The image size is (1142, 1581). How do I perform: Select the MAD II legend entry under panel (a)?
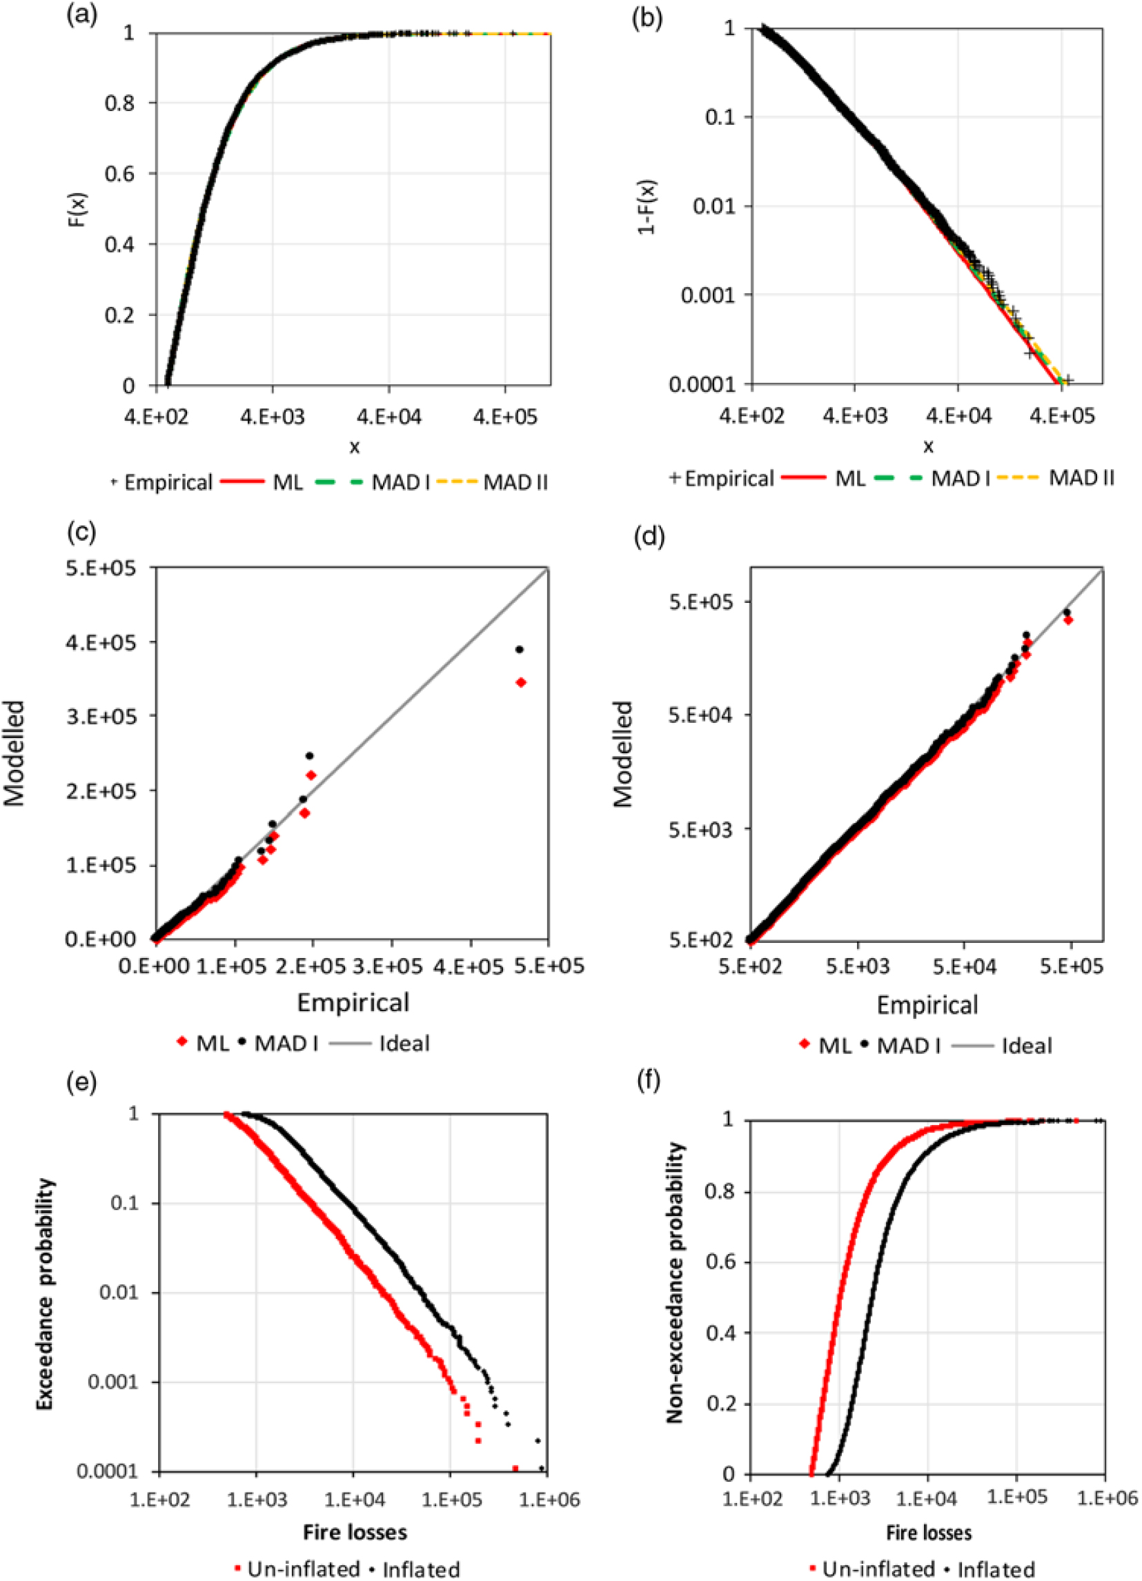515,482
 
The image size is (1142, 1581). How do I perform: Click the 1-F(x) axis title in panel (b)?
648,206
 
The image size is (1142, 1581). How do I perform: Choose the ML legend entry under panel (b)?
850,478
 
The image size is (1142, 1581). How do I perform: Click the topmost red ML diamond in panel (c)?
520,682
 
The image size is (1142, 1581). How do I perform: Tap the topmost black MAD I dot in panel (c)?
519,650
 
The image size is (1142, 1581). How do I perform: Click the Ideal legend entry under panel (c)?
404,1044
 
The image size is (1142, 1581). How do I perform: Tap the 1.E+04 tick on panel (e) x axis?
353,1498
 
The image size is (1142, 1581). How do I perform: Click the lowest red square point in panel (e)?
515,1468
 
